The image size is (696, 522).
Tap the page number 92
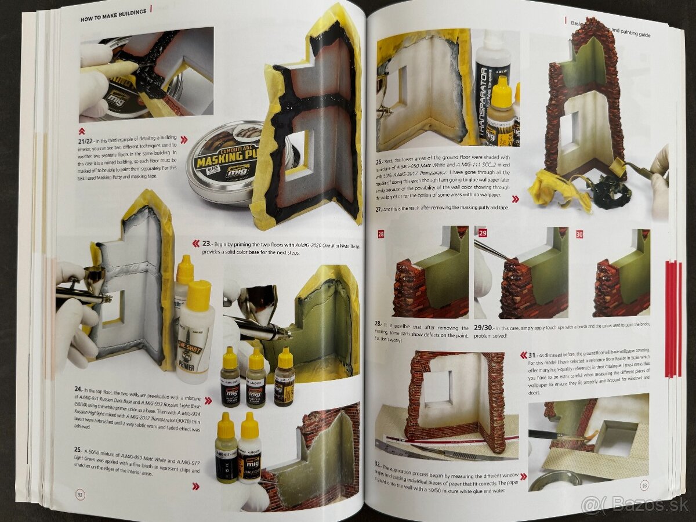(x=81, y=494)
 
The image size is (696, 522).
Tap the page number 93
(x=644, y=486)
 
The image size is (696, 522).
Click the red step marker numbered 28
(x=381, y=234)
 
